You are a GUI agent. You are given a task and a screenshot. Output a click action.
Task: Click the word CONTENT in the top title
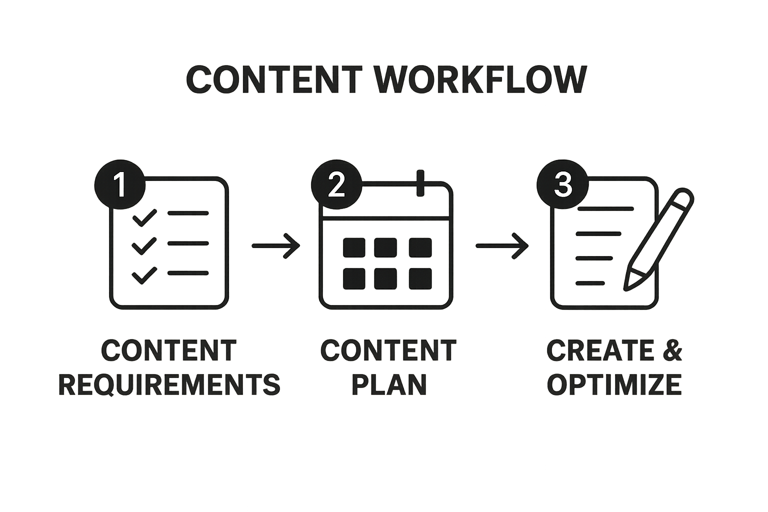coord(274,79)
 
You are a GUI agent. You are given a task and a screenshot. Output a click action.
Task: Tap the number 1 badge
coord(119,184)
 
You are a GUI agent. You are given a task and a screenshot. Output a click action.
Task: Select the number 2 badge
coord(336,184)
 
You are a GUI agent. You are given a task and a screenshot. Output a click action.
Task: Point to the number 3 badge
coord(562,184)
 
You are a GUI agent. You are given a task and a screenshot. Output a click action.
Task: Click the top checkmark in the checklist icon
coord(144,216)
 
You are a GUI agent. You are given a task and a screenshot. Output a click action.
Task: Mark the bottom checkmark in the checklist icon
coord(144,275)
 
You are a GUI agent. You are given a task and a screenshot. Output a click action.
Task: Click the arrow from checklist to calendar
coord(275,245)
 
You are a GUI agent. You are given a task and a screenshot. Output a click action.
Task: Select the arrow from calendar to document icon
coord(501,245)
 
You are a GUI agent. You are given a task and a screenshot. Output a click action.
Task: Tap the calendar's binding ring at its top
coord(420,183)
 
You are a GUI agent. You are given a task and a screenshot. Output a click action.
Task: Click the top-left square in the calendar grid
coord(354,247)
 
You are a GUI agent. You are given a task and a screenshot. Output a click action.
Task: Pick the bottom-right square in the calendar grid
coord(420,278)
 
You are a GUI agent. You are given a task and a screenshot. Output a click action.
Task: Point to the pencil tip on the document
coord(628,285)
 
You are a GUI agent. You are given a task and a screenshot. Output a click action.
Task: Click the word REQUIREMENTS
coord(169,384)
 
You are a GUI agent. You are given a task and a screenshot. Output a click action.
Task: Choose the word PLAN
coord(388,384)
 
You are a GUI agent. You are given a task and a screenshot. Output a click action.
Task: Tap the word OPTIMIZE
coord(614,384)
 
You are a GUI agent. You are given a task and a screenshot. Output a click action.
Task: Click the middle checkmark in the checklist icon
coord(144,245)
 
